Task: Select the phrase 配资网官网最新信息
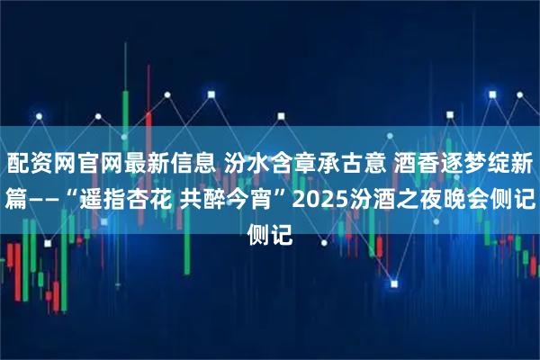[x=112, y=163]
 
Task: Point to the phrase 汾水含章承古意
[x=305, y=163]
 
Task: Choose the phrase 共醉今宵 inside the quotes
[x=224, y=200]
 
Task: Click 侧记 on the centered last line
[x=270, y=234]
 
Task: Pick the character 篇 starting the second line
[x=16, y=200]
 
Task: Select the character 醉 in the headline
[x=213, y=200]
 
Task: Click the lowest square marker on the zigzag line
[x=394, y=284]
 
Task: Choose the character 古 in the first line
[x=350, y=163]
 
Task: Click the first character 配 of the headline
[x=18, y=163]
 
